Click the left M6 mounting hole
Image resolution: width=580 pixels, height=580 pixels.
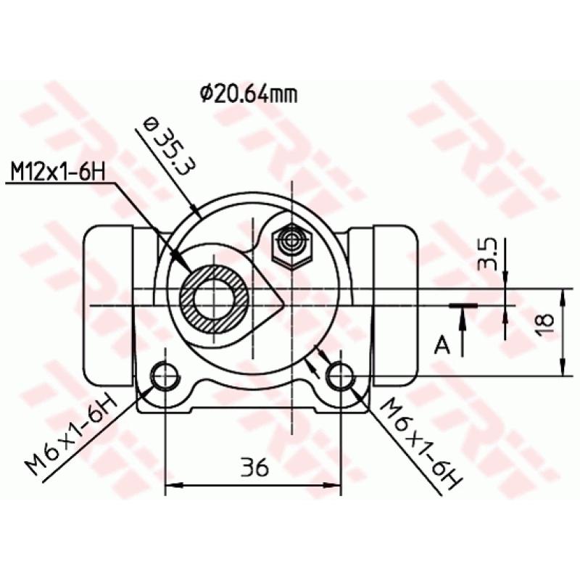[x=165, y=376]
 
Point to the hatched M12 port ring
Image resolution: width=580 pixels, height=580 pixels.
[x=215, y=297]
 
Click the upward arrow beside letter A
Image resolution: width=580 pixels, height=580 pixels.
[x=460, y=319]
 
